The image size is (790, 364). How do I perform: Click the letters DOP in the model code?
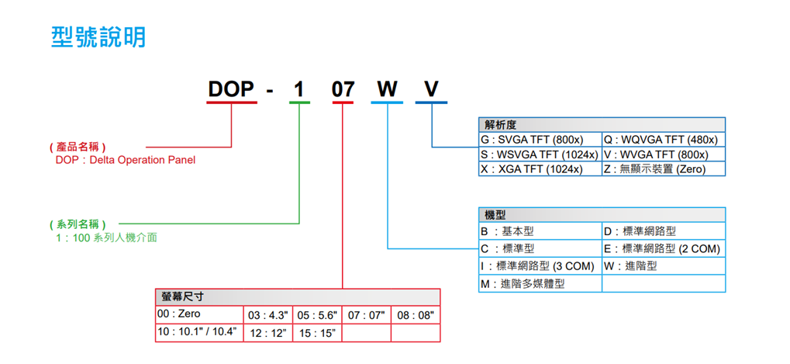pyautogui.click(x=231, y=90)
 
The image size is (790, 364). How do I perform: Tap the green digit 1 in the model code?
pyautogui.click(x=299, y=90)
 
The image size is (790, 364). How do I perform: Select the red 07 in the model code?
pyautogui.click(x=343, y=90)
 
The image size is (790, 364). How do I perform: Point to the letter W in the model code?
pyautogui.click(x=386, y=90)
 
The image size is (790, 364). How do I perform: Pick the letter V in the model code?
pyautogui.click(x=430, y=90)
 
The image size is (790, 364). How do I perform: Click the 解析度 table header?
pyautogui.click(x=501, y=124)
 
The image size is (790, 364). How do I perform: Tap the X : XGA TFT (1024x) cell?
pyautogui.click(x=531, y=168)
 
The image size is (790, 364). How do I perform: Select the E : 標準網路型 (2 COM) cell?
pyautogui.click(x=661, y=249)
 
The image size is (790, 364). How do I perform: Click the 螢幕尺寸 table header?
pyautogui.click(x=183, y=296)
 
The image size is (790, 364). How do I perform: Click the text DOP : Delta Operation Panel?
pyautogui.click(x=126, y=160)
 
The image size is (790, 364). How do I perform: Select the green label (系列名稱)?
pyautogui.click(x=77, y=224)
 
